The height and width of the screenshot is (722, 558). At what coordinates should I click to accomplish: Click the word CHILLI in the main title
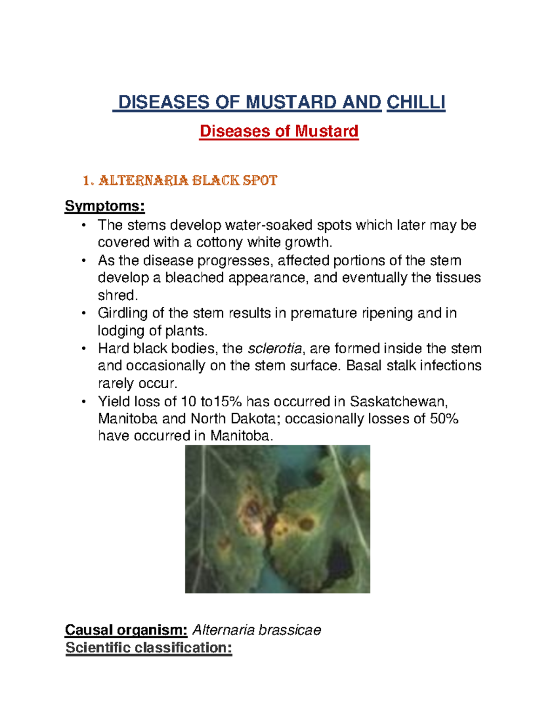pyautogui.click(x=416, y=102)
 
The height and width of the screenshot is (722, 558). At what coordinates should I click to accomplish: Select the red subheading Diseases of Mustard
pyautogui.click(x=279, y=131)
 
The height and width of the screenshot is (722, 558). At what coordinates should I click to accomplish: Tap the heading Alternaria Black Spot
pyautogui.click(x=180, y=180)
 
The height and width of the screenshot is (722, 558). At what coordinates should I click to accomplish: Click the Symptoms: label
pyautogui.click(x=105, y=206)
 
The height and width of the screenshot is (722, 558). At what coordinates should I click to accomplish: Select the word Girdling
pyautogui.click(x=123, y=313)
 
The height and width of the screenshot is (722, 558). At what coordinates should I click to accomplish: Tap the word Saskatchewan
pyautogui.click(x=399, y=401)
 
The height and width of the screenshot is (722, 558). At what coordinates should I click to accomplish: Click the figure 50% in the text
pyautogui.click(x=444, y=419)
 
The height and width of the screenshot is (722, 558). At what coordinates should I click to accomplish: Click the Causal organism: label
pyautogui.click(x=126, y=630)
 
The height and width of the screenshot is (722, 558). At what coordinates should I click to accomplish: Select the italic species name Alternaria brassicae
pyautogui.click(x=257, y=630)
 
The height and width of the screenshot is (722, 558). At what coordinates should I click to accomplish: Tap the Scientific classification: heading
pyautogui.click(x=149, y=648)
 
